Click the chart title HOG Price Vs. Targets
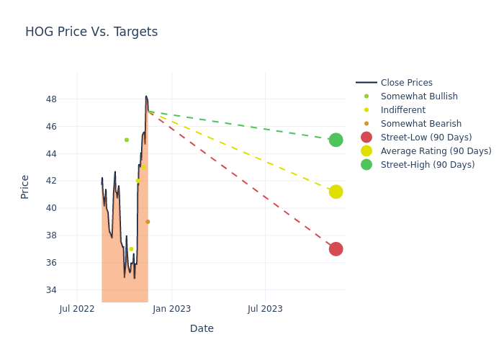(x=91, y=32)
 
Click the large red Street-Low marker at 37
(x=336, y=249)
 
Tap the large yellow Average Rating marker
(x=336, y=192)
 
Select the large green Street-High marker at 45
(x=336, y=140)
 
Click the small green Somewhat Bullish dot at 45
(x=127, y=140)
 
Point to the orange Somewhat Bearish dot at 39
(x=148, y=222)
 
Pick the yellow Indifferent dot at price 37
(x=131, y=249)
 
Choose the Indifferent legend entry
(x=402, y=110)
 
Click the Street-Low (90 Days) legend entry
(x=426, y=138)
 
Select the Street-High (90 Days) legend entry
(x=428, y=165)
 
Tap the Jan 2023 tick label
(x=171, y=309)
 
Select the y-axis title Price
(x=25, y=186)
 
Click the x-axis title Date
(x=202, y=328)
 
